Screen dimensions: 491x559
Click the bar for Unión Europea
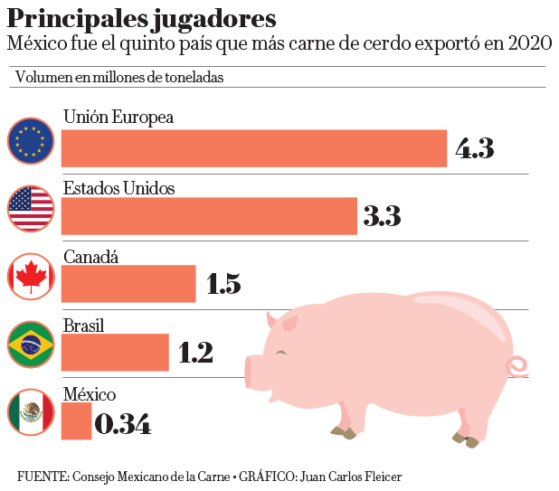coord(254,148)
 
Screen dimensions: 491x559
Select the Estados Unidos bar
coord(209,216)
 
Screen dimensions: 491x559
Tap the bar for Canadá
coord(128,283)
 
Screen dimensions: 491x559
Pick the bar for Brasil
coord(115,352)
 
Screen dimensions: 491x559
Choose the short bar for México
coord(76,421)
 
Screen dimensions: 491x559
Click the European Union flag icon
coord(31,140)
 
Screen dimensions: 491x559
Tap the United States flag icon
coord(31,209)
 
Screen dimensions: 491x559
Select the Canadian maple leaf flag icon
coord(31,276)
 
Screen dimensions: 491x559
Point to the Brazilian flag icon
coord(31,345)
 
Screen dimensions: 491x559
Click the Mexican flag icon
coord(31,413)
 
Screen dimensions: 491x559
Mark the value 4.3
coord(474,148)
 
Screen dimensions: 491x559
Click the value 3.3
coord(382,216)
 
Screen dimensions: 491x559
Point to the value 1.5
coord(223,284)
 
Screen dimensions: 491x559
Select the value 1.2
coord(195,353)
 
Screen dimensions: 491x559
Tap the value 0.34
coord(122,422)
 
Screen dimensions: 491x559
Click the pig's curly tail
coord(519,367)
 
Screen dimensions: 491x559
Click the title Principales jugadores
coord(142,18)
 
